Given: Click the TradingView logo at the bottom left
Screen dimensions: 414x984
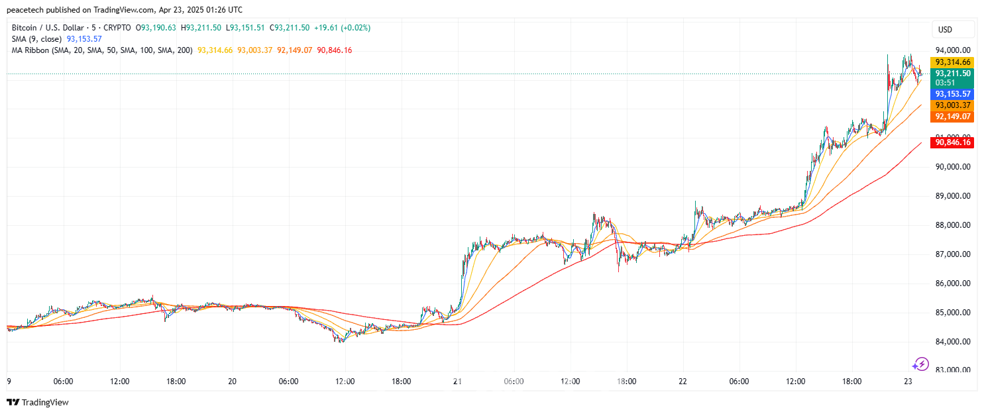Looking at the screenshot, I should point(38,402).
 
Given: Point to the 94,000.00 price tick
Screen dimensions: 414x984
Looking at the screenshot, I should point(953,50).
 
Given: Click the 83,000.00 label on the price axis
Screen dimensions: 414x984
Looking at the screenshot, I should point(953,370).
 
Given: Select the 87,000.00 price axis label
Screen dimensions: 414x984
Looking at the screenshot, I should point(953,254).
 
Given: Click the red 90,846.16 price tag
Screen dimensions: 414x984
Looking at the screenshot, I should point(953,142).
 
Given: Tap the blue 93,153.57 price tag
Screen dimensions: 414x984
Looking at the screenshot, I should point(953,94).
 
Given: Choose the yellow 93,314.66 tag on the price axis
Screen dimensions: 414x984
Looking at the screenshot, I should point(953,62).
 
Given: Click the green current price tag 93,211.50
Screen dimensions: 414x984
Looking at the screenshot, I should point(953,74).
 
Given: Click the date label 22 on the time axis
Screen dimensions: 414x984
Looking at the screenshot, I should point(683,382).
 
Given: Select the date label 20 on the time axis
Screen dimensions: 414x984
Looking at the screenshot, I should point(232,382).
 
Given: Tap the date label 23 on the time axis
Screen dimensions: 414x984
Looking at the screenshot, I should point(908,382).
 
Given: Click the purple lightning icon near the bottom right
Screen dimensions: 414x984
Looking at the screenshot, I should point(920,364).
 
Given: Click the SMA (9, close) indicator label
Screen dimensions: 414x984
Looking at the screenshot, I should point(37,39).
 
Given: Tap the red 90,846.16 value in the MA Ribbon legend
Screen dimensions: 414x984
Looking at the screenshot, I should point(335,50).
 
